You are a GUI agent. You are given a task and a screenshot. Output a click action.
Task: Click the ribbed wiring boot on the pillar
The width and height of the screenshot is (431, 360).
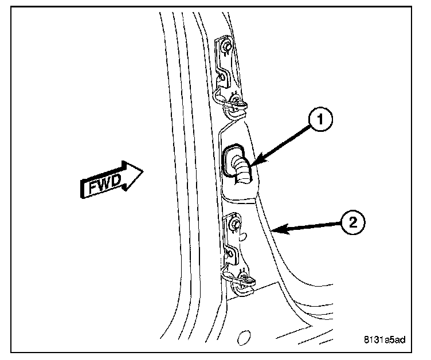point(241,170)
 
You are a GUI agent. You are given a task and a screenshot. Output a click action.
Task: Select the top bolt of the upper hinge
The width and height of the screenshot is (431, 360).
point(227,46)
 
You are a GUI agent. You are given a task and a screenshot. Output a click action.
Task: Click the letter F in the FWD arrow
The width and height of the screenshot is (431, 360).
point(93,187)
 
